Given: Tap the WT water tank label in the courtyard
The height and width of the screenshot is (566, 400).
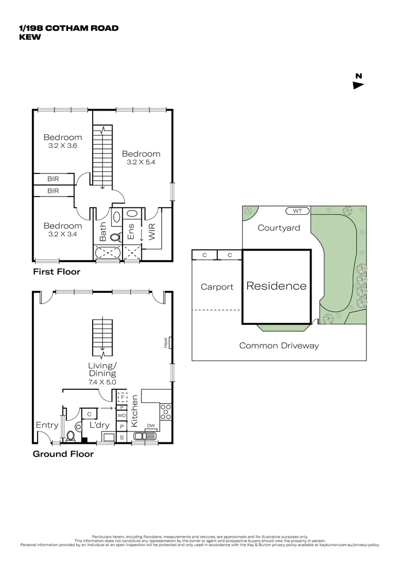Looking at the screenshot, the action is point(298,211).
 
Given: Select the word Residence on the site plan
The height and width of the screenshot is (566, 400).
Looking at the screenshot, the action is point(276,286).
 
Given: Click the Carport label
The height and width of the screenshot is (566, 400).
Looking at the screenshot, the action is point(217,287).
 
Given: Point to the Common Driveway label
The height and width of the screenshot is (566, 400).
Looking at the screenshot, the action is point(279,346).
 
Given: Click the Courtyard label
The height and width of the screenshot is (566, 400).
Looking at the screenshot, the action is point(279,228).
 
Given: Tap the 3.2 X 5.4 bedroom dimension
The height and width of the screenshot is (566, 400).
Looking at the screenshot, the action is point(141,162).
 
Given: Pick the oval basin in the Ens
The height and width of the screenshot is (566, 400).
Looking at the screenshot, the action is point(131,214).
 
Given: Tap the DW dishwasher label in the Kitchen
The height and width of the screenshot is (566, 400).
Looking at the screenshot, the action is point(150,426).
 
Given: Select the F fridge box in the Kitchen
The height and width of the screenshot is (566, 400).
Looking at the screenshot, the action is point(122,397).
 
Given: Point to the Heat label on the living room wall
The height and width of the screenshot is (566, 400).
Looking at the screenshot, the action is point(165,343).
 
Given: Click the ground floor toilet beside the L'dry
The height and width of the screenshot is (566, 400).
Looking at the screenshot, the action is point(71,435).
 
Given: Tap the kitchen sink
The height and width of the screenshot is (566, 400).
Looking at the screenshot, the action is point(141,436).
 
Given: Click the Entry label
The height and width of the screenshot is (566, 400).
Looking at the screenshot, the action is point(47,425).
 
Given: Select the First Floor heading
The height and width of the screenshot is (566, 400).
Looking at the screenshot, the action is point(57,272).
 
